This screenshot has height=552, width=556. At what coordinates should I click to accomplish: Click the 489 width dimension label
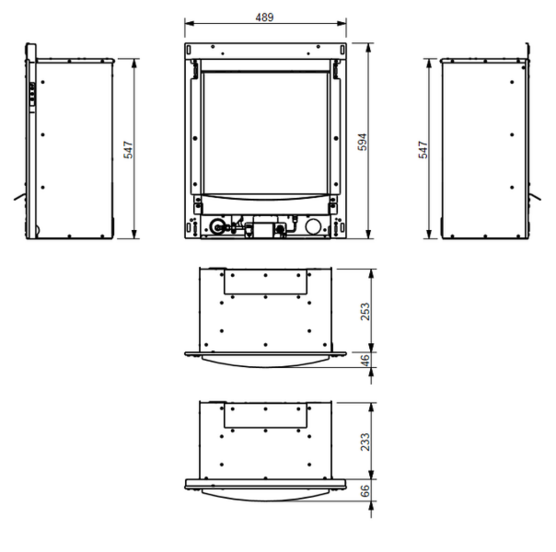point(264,17)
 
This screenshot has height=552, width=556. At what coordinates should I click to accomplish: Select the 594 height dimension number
point(362,142)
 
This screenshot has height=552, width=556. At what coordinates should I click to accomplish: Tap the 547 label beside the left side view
point(128,150)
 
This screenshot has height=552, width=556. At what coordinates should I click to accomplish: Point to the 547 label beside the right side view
point(423,150)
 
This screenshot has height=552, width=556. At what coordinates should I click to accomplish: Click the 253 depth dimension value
point(365,311)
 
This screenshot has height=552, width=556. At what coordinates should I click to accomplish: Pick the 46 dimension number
point(365,360)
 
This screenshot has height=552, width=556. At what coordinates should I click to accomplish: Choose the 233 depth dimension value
point(365,441)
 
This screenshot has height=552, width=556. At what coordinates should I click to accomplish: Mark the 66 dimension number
point(365,491)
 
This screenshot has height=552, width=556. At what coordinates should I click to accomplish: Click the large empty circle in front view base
point(314,227)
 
